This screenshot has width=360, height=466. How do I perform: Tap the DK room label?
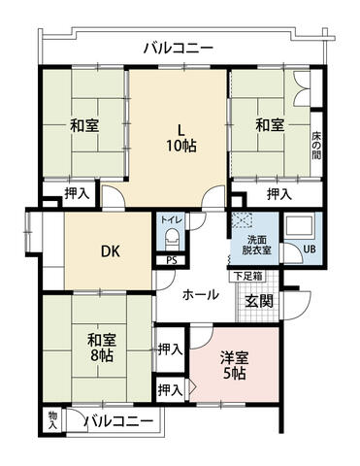click(x=111, y=250)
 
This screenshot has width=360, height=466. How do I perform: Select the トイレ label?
click(x=172, y=219)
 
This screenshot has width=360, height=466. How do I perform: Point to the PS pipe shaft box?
click(x=172, y=260)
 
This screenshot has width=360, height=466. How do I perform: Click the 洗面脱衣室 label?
click(x=258, y=245)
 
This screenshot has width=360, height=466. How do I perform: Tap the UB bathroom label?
click(x=310, y=250)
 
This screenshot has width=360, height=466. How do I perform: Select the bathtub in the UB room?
click(x=298, y=226)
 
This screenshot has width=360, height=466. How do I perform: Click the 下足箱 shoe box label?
click(x=247, y=277)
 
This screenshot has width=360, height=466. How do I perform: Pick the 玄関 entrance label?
click(x=259, y=301)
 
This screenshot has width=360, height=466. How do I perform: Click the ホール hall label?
click(x=201, y=295)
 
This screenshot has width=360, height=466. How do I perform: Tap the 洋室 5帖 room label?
click(x=234, y=366)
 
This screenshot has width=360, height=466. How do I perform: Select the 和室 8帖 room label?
click(x=102, y=348)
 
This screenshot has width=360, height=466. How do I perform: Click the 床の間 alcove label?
click(x=316, y=146)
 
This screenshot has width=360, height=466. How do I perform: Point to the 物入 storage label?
click(x=52, y=420)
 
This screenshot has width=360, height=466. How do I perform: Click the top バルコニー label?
click(x=179, y=49)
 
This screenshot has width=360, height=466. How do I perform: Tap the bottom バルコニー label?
click(x=119, y=421)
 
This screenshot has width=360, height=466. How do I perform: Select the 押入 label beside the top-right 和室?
click(x=279, y=194)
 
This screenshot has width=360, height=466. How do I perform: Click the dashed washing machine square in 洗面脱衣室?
click(x=241, y=221)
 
